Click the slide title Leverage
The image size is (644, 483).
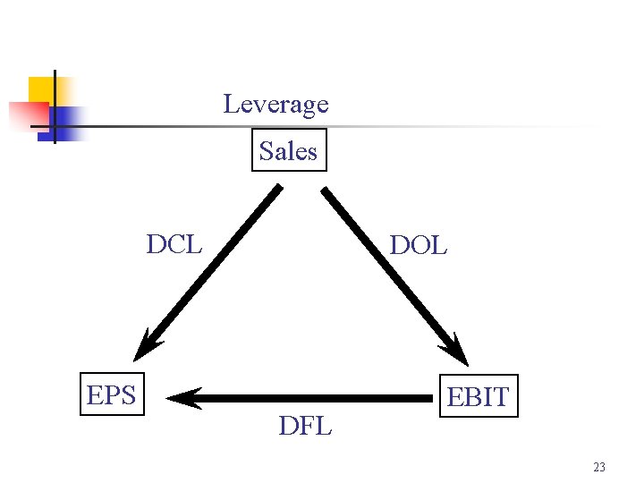275,105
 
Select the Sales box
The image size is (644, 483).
288,150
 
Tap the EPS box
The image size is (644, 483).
111,394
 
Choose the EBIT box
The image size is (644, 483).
478,397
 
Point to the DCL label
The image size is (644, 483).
174,243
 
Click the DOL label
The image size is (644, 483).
419,245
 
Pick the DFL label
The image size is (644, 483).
305,426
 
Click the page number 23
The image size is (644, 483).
598,467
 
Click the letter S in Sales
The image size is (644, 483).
266,151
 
